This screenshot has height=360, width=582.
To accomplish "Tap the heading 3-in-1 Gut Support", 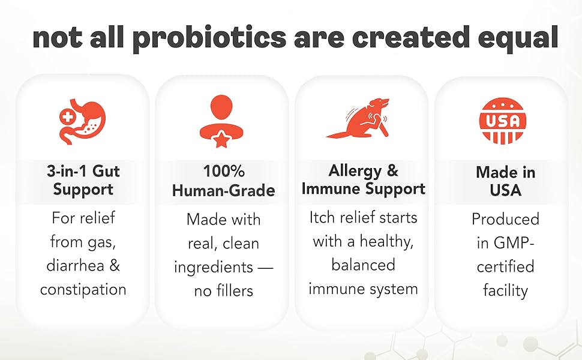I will pyautogui.click(x=83, y=180).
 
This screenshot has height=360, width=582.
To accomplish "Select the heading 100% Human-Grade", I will pyautogui.click(x=223, y=181).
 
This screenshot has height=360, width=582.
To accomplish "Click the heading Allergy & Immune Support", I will pyautogui.click(x=363, y=179).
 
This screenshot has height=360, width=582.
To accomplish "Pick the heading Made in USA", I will pyautogui.click(x=505, y=181).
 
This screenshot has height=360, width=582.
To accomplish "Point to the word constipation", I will pyautogui.click(x=83, y=290).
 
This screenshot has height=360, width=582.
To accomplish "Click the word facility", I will pyautogui.click(x=505, y=291).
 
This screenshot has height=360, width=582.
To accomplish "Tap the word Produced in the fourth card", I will pyautogui.click(x=505, y=219).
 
